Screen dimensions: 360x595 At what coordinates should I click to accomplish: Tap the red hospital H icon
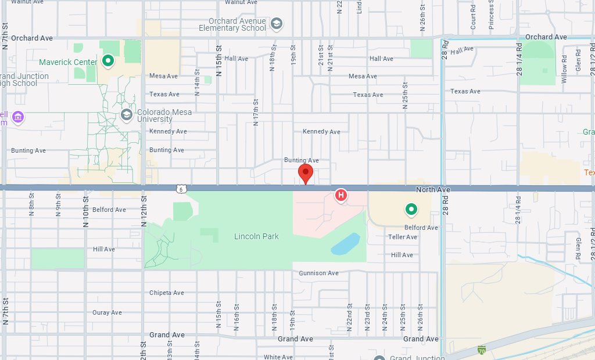point(341,195)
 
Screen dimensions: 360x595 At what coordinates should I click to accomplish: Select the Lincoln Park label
point(256,236)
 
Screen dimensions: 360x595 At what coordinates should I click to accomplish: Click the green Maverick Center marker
point(107,60)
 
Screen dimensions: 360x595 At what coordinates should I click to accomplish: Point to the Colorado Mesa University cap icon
point(127,114)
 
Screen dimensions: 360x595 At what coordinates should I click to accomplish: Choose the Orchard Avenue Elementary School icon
point(277,23)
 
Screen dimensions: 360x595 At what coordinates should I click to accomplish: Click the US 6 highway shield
point(182,189)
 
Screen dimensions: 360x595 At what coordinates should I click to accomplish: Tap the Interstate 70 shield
point(481,350)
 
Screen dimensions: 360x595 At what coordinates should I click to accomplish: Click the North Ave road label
point(433,190)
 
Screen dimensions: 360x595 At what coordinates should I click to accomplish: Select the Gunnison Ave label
point(318,273)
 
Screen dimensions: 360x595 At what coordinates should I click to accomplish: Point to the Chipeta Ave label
point(167,293)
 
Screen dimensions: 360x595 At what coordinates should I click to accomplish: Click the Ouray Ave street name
point(107,312)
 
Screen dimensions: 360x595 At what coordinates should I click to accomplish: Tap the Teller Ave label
point(403,237)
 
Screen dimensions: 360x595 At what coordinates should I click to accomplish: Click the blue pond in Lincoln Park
point(346,244)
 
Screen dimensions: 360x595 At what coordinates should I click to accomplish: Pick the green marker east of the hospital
point(411,208)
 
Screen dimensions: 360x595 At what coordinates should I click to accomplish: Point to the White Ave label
point(278,357)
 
